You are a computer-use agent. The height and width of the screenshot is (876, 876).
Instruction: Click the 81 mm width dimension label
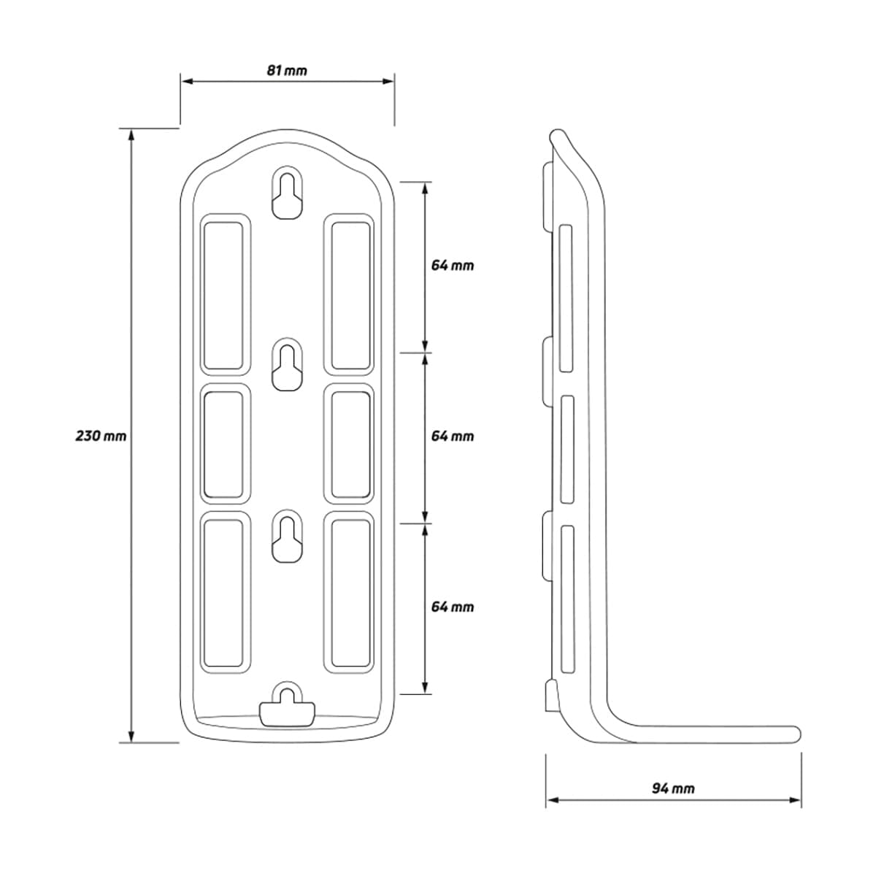(x=286, y=71)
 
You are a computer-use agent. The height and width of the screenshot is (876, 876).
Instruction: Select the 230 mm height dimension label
(x=101, y=437)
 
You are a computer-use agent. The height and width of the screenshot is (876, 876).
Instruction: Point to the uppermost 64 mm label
(x=453, y=266)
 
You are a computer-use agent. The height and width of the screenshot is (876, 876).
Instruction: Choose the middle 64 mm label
(x=453, y=437)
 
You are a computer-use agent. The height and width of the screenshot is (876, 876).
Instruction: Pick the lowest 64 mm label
(x=453, y=607)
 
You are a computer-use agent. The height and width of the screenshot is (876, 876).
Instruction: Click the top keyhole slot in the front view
(x=288, y=192)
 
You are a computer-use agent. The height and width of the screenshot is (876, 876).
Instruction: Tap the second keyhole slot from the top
(x=288, y=364)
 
